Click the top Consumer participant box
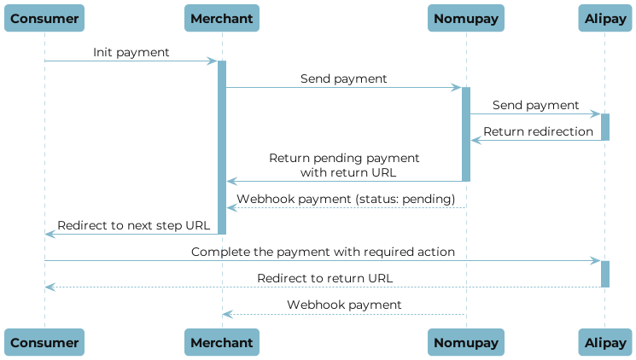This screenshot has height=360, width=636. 45,17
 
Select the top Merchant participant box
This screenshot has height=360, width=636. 222,17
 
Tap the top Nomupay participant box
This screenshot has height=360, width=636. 466,17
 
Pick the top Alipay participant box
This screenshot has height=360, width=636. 604,17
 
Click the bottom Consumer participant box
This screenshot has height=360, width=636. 45,342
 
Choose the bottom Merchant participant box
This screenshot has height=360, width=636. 222,342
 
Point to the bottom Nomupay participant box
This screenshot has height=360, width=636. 466,342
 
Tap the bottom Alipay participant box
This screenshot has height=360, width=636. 604,342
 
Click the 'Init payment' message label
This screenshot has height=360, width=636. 131,53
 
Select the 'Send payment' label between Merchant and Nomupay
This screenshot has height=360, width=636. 343,78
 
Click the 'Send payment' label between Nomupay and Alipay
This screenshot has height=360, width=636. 535,105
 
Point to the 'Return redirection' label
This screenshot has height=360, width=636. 538,131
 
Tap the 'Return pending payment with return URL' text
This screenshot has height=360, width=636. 344,165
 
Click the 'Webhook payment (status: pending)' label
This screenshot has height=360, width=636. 346,199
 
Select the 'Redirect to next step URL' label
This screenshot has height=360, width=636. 131,225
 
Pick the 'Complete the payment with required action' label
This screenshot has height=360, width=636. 323,253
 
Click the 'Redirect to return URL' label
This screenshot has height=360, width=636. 325,278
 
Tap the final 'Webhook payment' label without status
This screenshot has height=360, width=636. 344,305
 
